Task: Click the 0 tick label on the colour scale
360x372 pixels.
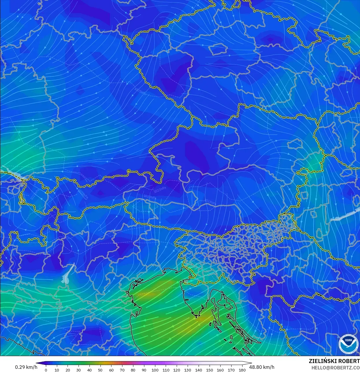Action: pyautogui.click(x=46, y=370)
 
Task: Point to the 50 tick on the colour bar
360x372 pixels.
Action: pyautogui.click(x=100, y=370)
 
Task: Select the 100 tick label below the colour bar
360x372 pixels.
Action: pyautogui.click(x=155, y=370)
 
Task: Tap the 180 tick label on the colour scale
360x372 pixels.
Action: pyautogui.click(x=242, y=370)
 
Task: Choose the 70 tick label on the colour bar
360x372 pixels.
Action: pyautogui.click(x=122, y=370)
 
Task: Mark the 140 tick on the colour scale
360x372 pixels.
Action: pyautogui.click(x=198, y=370)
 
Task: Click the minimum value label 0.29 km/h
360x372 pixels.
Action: pyautogui.click(x=26, y=367)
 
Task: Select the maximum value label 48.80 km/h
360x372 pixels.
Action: pyautogui.click(x=262, y=367)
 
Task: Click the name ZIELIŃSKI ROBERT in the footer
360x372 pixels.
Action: pyautogui.click(x=334, y=361)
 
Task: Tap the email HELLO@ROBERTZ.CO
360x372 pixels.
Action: pyautogui.click(x=335, y=368)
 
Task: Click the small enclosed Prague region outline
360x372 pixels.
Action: pyautogui.click(x=219, y=49)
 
